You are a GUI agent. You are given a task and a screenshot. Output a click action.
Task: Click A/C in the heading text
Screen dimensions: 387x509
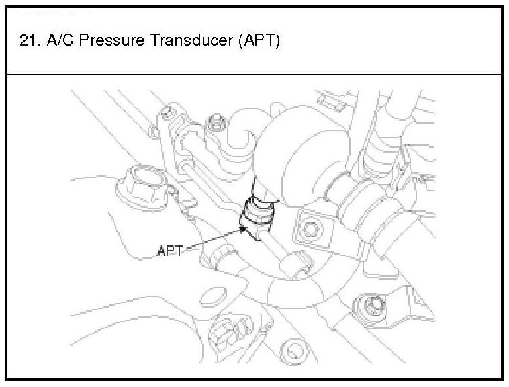(x=58, y=41)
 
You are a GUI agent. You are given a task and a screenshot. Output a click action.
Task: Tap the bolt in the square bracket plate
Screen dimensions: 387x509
(x=309, y=229)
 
